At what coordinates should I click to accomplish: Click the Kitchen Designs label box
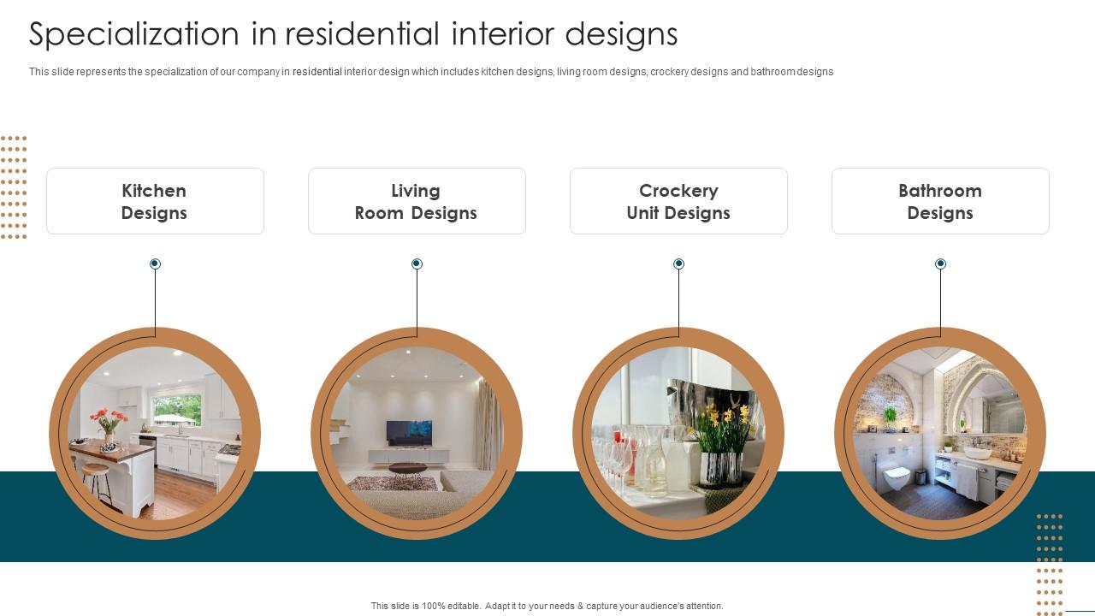click(155, 201)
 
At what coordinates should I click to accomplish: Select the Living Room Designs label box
click(417, 201)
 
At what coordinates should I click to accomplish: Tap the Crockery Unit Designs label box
click(678, 201)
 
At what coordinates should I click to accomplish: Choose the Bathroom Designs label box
click(940, 201)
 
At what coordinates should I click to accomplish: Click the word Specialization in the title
click(134, 34)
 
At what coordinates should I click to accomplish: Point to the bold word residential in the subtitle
click(317, 72)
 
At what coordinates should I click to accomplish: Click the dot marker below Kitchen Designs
click(155, 264)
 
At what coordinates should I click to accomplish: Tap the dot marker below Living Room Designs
click(417, 264)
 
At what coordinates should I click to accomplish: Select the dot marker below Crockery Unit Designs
click(678, 264)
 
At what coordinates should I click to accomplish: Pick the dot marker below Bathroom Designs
click(940, 264)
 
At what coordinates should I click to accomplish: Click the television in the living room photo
click(409, 433)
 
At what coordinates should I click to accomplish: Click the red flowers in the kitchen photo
click(109, 419)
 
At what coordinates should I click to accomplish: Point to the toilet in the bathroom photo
click(897, 478)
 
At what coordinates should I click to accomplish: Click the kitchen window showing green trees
click(177, 410)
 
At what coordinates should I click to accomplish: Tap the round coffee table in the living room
click(408, 469)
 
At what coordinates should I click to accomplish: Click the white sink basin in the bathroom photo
click(977, 453)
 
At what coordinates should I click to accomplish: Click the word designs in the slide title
click(621, 35)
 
